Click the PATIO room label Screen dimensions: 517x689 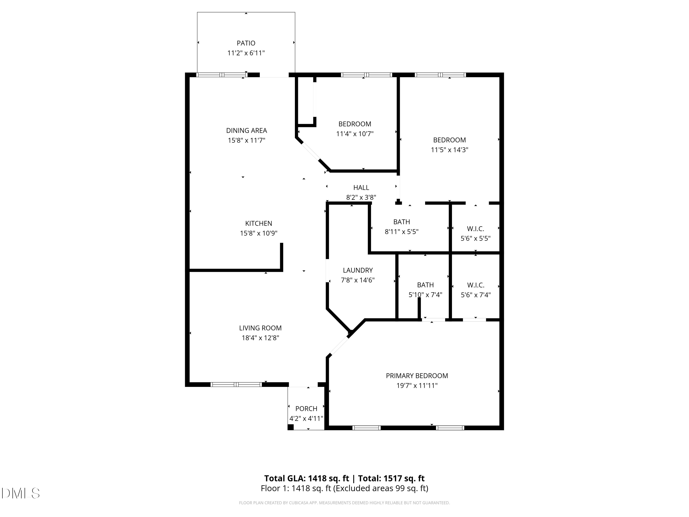[x=246, y=43]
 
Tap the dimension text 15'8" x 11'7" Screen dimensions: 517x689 [x=246, y=140]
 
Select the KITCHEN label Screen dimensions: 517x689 [x=259, y=223]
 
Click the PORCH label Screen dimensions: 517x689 [x=306, y=408]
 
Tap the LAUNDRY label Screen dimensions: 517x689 [x=358, y=270]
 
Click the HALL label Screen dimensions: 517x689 [x=361, y=187]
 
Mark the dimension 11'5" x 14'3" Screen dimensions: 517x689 [x=449, y=150]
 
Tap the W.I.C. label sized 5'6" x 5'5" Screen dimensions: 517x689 [x=475, y=228]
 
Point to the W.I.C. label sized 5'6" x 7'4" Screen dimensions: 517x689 [x=475, y=285]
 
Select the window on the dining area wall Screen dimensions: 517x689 [x=222, y=75]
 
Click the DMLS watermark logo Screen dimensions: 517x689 [x=21, y=493]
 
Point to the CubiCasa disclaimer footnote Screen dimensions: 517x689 [x=344, y=503]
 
